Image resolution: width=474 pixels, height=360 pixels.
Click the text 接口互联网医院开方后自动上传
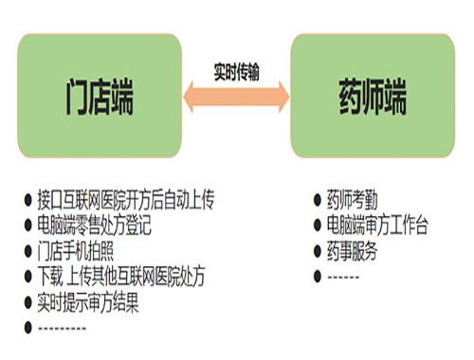126,201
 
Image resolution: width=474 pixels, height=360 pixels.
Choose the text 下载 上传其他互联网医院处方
120,278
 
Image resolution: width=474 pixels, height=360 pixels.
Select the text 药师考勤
353,200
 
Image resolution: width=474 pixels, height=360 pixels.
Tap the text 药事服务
353,251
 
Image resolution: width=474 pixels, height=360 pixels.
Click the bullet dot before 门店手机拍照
27,252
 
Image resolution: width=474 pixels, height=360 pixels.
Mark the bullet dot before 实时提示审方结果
27,303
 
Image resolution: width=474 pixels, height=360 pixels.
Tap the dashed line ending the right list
344,277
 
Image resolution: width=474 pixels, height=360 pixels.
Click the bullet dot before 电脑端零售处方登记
27,226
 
